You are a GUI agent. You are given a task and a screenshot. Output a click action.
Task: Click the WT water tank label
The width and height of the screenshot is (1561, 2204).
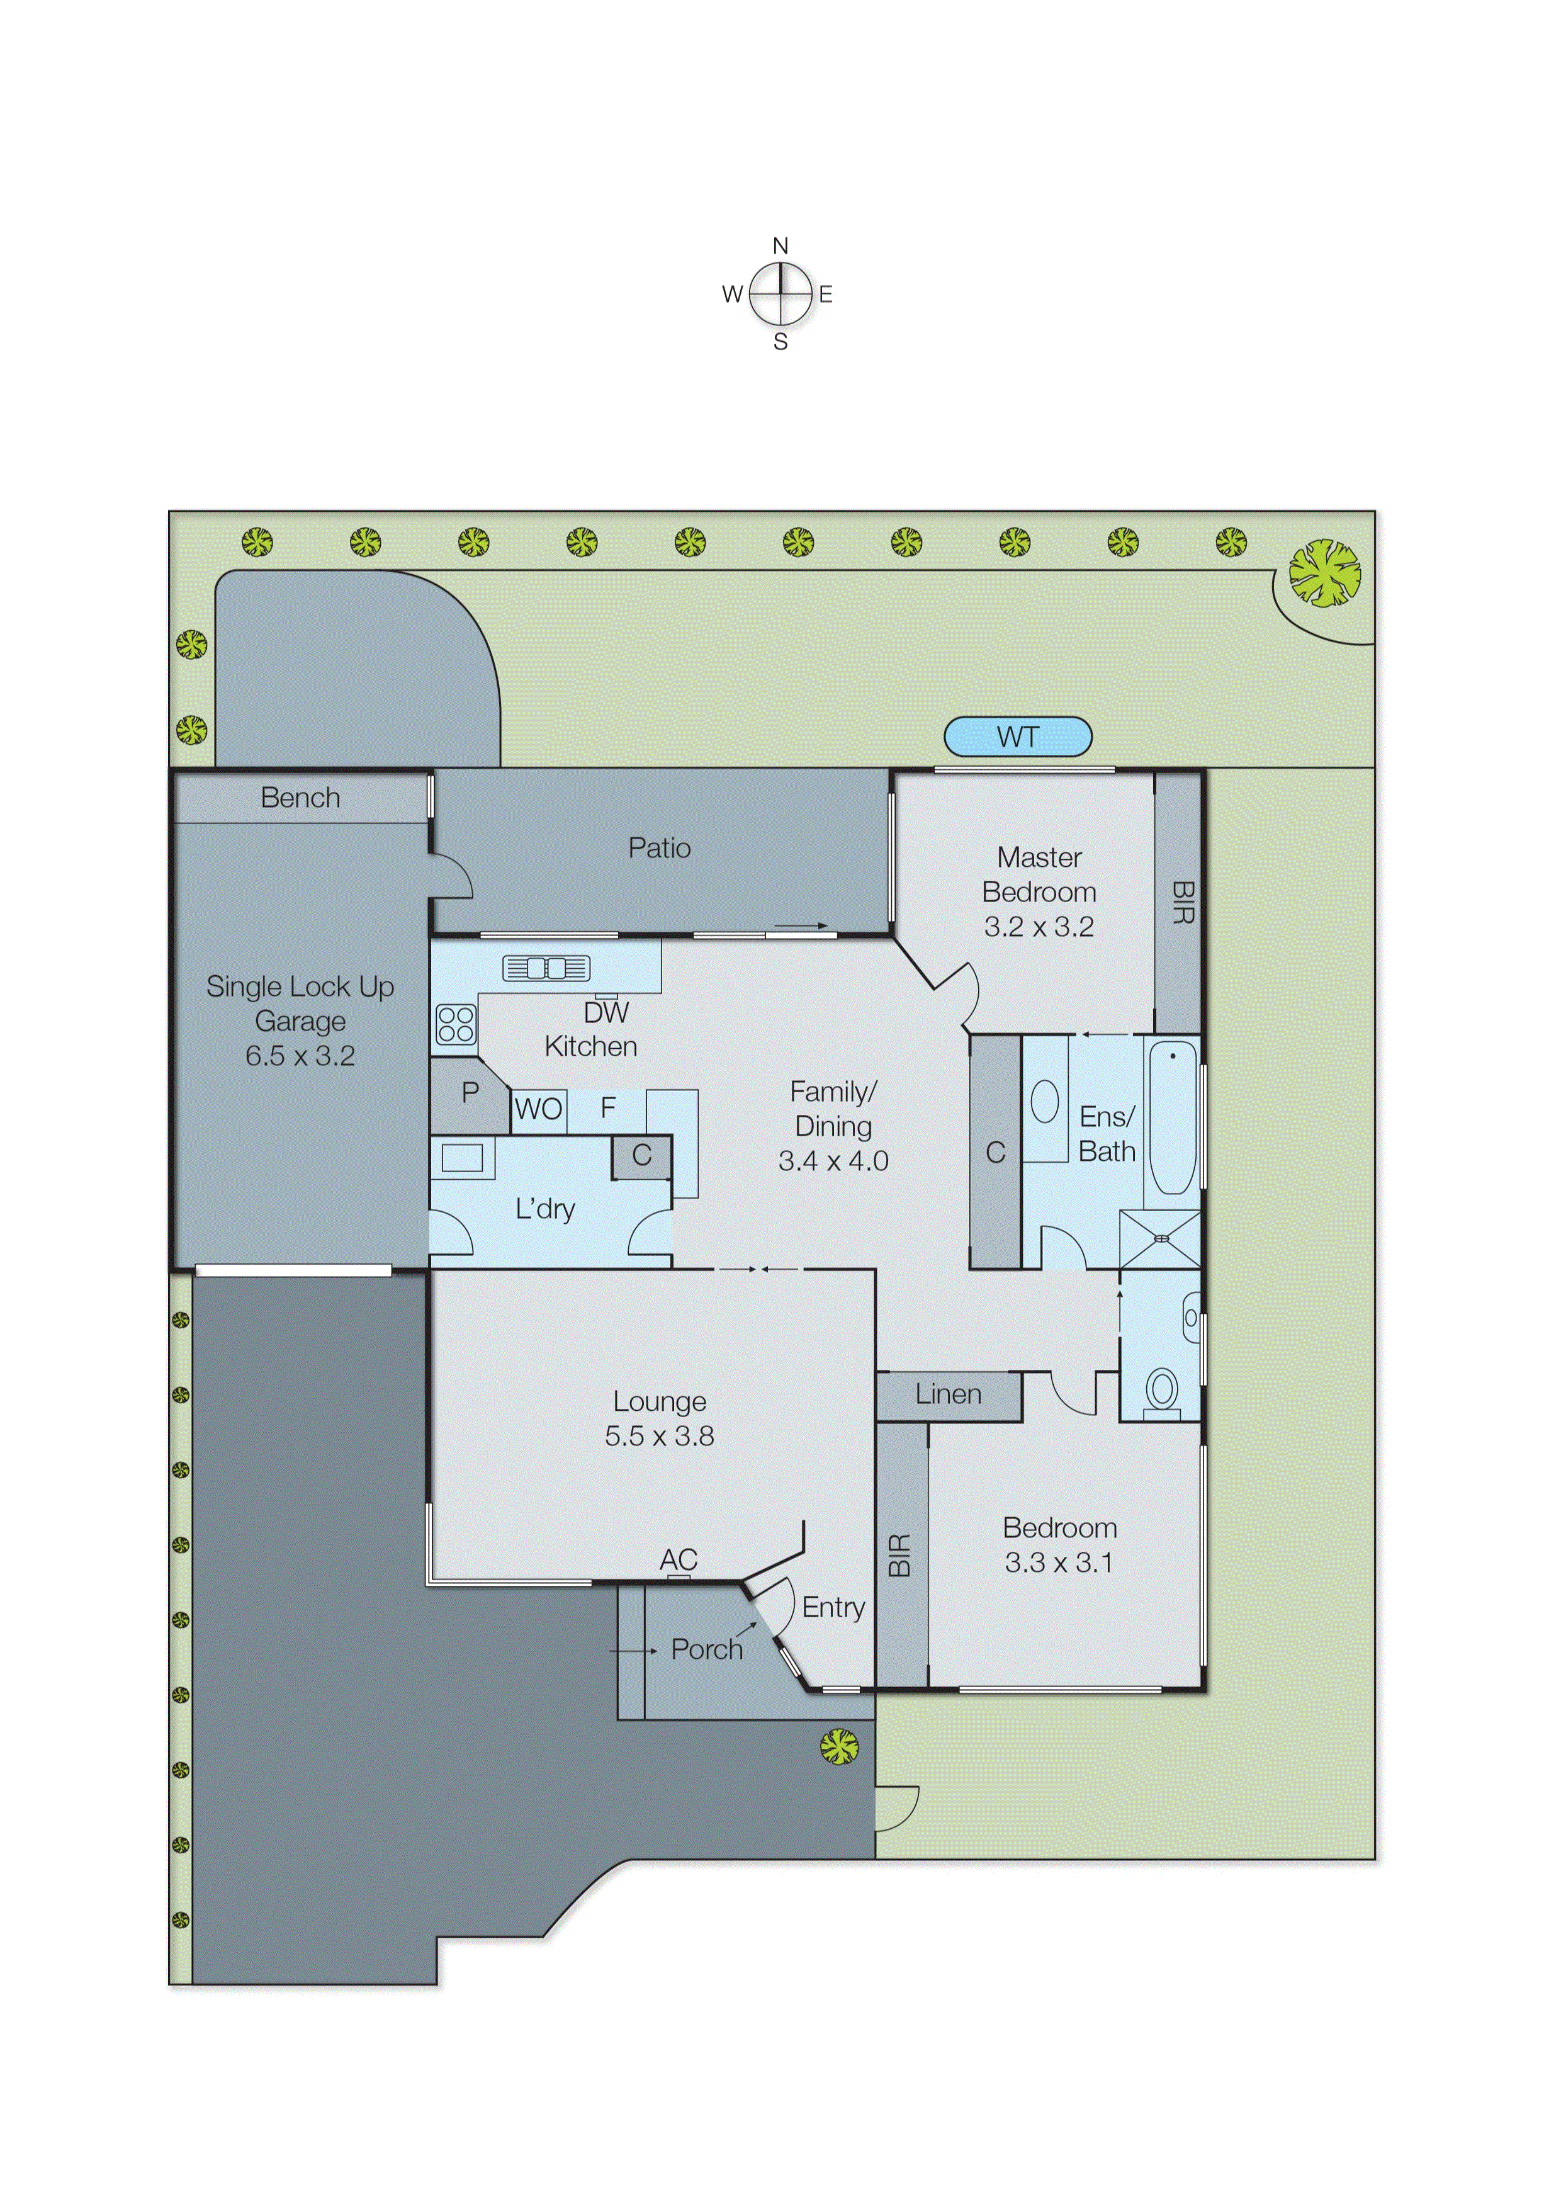[x=1017, y=737]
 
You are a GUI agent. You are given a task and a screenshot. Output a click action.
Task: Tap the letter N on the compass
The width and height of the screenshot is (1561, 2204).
[x=780, y=246]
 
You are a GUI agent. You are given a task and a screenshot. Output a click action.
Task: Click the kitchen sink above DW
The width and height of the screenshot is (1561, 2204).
[x=546, y=968]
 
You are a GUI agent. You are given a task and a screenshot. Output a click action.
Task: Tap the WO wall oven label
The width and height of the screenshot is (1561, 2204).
[x=538, y=1109]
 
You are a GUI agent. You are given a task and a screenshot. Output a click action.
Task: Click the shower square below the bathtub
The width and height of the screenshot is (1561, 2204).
[x=1160, y=1240]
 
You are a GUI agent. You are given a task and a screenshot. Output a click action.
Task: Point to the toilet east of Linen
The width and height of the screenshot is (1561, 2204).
[x=1162, y=1390]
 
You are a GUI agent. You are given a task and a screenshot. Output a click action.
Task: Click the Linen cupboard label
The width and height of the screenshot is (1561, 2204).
[x=948, y=1394]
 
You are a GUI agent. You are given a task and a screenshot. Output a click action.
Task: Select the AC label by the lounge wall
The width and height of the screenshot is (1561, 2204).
[x=678, y=1559]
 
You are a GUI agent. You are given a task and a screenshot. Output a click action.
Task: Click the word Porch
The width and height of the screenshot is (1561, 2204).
[x=706, y=1649]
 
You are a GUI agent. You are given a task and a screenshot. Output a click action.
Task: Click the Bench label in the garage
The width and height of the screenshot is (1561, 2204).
[x=300, y=798]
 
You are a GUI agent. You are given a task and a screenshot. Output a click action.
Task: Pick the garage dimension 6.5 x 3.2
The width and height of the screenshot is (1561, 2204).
[x=300, y=1055]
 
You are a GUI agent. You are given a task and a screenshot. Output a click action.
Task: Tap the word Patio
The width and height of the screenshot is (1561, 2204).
[x=660, y=848]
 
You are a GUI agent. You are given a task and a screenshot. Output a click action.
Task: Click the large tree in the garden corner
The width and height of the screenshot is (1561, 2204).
[x=1324, y=573]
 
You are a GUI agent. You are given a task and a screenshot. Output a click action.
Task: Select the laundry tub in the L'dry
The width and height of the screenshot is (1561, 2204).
[x=461, y=1157]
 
